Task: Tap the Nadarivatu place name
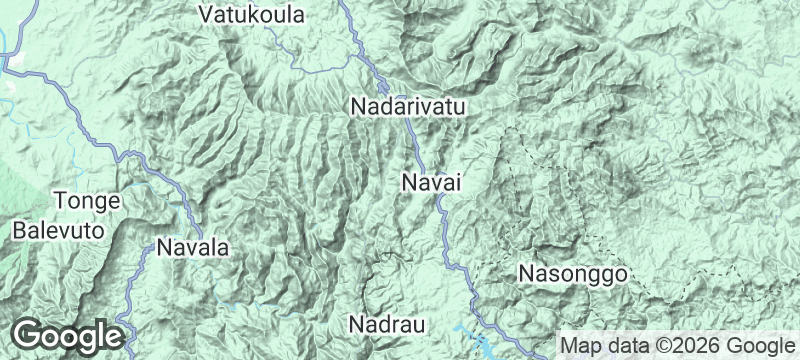point(409,105)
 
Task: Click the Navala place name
point(193,247)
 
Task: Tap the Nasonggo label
point(572,272)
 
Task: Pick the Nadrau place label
point(387,325)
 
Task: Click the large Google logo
point(67,334)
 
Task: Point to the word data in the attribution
point(623,346)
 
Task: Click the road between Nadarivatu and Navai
point(415,146)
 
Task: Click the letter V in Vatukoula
point(206,16)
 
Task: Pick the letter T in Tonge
point(60,201)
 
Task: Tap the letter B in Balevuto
point(20,229)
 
